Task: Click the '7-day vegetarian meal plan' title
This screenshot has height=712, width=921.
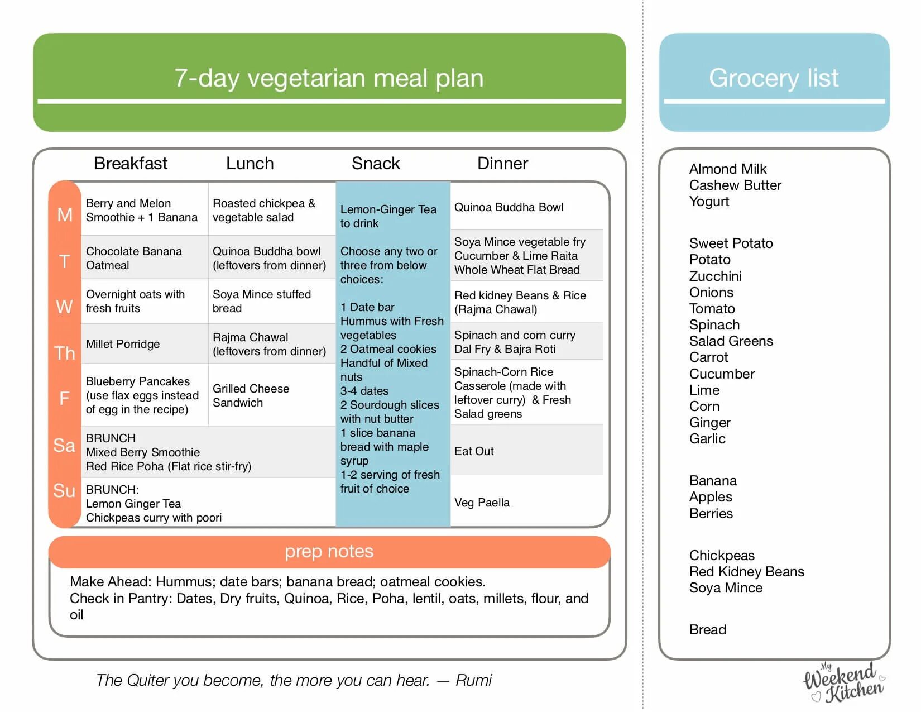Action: (329, 78)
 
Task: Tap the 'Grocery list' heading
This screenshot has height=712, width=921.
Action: (774, 78)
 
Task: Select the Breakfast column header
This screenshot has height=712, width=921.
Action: (131, 164)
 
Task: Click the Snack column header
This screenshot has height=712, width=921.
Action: (376, 164)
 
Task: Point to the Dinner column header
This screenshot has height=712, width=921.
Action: (502, 164)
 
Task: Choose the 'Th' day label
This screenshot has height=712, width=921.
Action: (65, 353)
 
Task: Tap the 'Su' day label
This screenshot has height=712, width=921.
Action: (64, 490)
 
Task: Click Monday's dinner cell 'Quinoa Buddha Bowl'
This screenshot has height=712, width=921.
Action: (509, 207)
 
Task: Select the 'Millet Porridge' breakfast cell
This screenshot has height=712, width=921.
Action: (123, 344)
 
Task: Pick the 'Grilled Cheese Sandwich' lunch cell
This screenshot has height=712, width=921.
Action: (251, 395)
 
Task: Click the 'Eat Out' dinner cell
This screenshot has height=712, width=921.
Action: (474, 451)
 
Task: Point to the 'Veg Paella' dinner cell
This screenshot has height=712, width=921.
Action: (482, 503)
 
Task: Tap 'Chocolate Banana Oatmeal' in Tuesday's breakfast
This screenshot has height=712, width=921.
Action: (134, 258)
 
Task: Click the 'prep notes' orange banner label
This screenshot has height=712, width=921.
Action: (329, 551)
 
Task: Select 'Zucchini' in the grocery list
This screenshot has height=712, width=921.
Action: (715, 276)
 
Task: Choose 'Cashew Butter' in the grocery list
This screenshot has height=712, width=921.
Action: (735, 185)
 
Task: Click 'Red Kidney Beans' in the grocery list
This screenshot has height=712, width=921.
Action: (746, 572)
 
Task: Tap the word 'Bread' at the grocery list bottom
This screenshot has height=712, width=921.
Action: (707, 630)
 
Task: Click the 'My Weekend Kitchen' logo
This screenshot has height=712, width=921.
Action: (843, 682)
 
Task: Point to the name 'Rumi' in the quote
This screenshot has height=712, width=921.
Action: (473, 680)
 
